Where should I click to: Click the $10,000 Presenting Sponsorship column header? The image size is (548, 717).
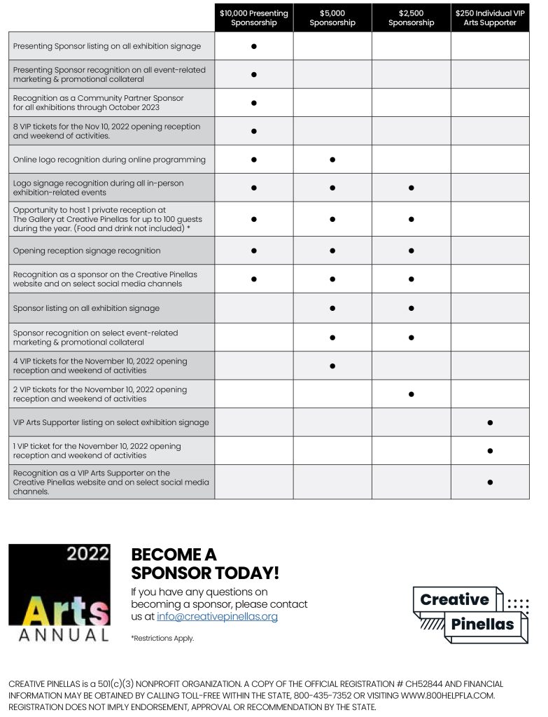253,18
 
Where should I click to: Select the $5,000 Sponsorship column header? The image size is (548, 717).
332,18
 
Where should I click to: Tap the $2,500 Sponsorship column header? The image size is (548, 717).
411,18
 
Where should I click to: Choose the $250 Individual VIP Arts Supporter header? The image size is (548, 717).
490,18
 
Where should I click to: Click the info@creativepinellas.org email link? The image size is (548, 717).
217,617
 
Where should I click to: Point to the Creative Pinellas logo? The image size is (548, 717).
470,614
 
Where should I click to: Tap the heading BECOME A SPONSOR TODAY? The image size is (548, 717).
205,564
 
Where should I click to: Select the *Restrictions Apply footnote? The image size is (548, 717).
162,639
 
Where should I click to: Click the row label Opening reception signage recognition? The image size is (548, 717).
87,251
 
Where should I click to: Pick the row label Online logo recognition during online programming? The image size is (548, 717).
109,160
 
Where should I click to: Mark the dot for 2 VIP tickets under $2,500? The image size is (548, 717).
412,394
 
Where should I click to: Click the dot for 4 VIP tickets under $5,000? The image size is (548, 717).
332,366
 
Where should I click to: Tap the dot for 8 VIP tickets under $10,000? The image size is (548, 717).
254,131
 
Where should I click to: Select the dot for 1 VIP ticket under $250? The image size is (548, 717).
490,451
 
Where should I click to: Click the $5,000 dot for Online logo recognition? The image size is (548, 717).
332,160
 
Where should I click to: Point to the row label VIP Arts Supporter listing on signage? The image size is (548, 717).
111,422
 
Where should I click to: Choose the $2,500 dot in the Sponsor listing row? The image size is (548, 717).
412,308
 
